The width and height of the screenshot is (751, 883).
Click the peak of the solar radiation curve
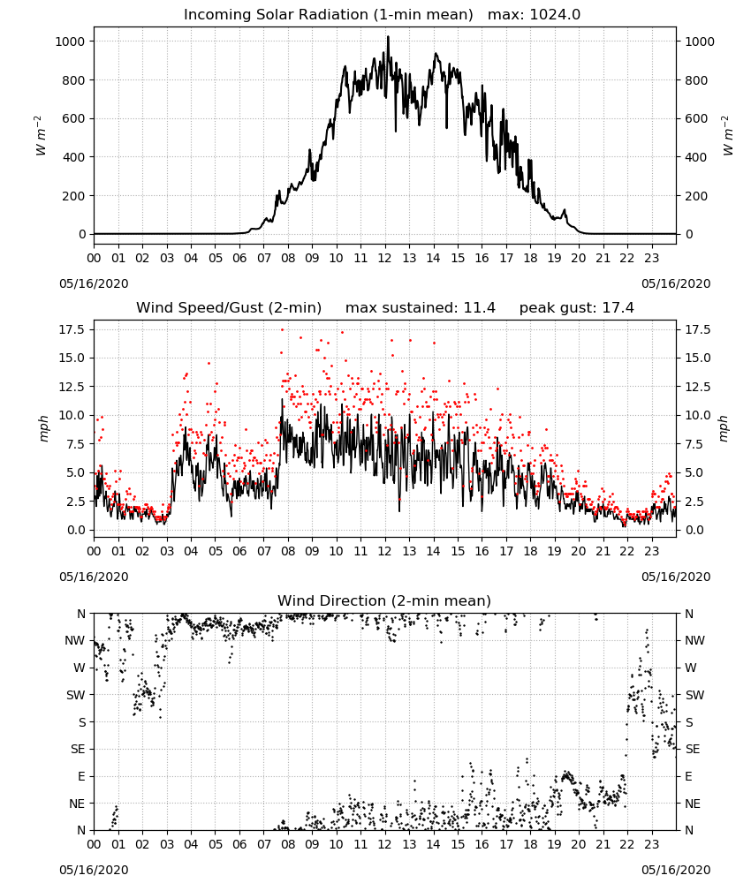point(388,36)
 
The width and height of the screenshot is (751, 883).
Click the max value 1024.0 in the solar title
point(555,15)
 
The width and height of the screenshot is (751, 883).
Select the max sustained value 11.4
point(479,308)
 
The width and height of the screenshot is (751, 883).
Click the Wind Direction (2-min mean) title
point(384,600)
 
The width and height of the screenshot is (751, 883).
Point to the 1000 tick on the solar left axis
point(70,42)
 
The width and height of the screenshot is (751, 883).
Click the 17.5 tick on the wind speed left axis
point(72,329)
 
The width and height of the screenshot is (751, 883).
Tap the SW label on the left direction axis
point(76,695)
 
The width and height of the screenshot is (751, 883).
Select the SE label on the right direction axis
point(693,749)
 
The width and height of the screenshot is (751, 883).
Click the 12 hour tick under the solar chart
point(385,259)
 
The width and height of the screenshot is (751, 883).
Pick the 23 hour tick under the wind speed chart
point(651,551)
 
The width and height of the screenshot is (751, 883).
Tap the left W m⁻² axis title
point(42,136)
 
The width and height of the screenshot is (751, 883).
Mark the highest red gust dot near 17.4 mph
point(282,330)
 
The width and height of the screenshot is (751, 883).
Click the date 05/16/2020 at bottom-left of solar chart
point(94,283)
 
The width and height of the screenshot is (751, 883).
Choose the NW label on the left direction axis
point(75,641)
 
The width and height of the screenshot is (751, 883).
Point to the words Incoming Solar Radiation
point(276,15)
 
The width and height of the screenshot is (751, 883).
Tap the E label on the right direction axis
point(688,776)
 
